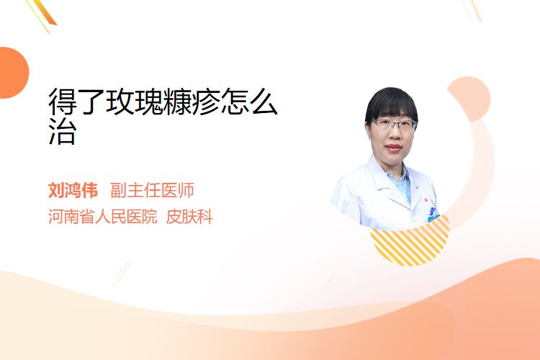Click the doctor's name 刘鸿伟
point(73,190)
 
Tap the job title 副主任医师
point(152,190)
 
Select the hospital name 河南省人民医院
point(103,217)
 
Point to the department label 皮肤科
point(189,217)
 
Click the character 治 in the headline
point(63,130)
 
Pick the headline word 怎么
point(249,102)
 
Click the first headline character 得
point(63,102)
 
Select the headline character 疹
point(206,102)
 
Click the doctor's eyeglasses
point(394,125)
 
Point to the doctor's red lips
point(394,148)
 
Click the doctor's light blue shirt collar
point(400,184)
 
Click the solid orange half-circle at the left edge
point(13,73)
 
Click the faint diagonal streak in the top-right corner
point(472,10)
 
